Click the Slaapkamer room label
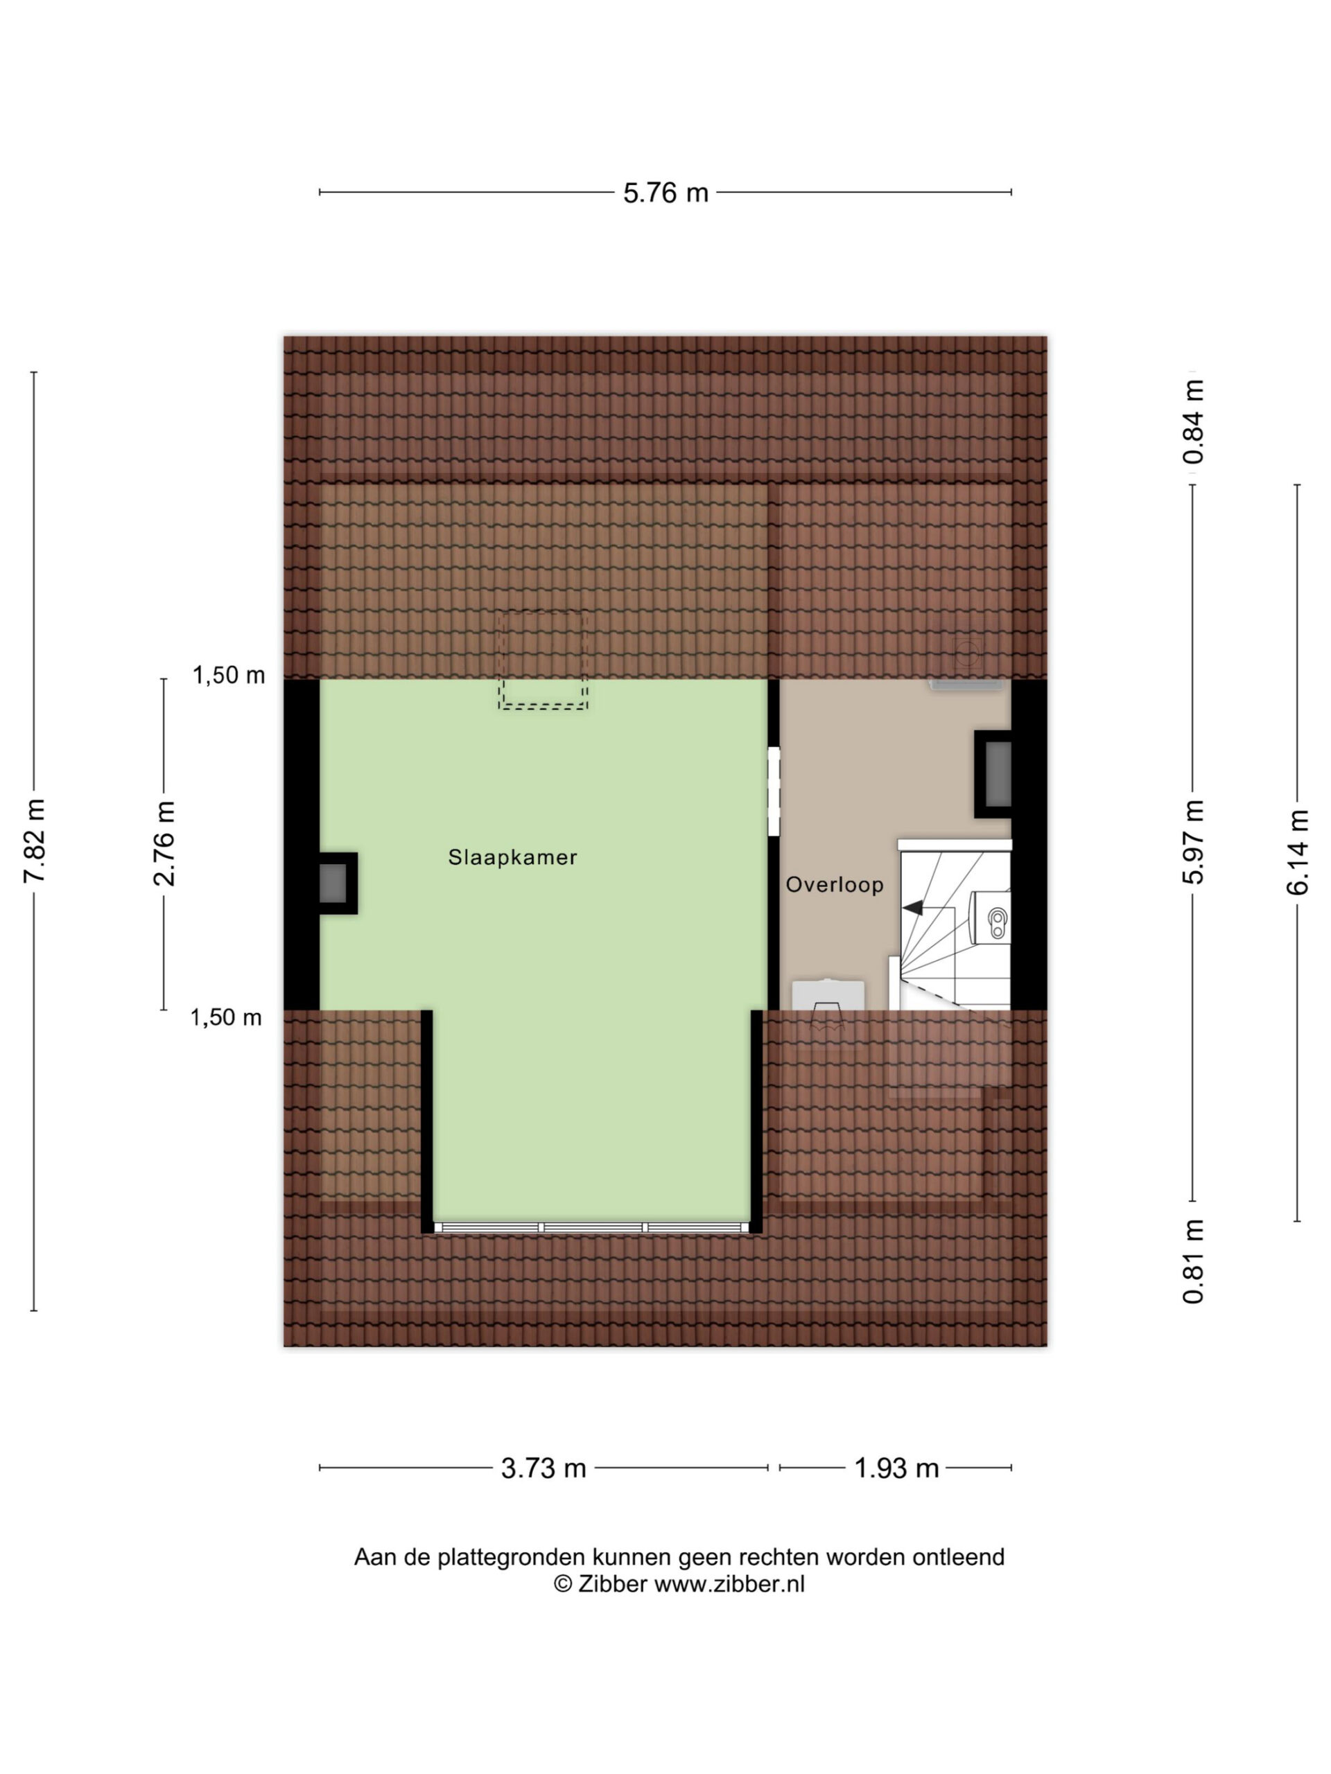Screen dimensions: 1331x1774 click(x=512, y=857)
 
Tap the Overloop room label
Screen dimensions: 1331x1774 click(x=835, y=885)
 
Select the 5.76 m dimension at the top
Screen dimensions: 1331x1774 click(x=666, y=193)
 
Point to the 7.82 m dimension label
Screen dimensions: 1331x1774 click(x=34, y=841)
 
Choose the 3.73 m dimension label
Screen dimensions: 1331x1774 click(x=543, y=1468)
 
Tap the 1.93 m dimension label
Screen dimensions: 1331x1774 click(x=896, y=1468)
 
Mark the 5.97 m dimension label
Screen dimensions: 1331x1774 click(x=1193, y=842)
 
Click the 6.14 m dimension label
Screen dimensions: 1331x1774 click(x=1297, y=852)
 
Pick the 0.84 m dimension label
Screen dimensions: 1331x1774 click(x=1193, y=422)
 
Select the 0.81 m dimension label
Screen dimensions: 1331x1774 click(x=1193, y=1261)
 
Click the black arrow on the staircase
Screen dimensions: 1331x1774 click(x=912, y=908)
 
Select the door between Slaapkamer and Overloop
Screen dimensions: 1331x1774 click(x=774, y=791)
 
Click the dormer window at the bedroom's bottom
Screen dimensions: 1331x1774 click(x=591, y=1228)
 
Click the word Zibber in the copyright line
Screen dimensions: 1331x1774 click(x=612, y=1584)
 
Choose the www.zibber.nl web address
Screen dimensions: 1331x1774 click(x=729, y=1584)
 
